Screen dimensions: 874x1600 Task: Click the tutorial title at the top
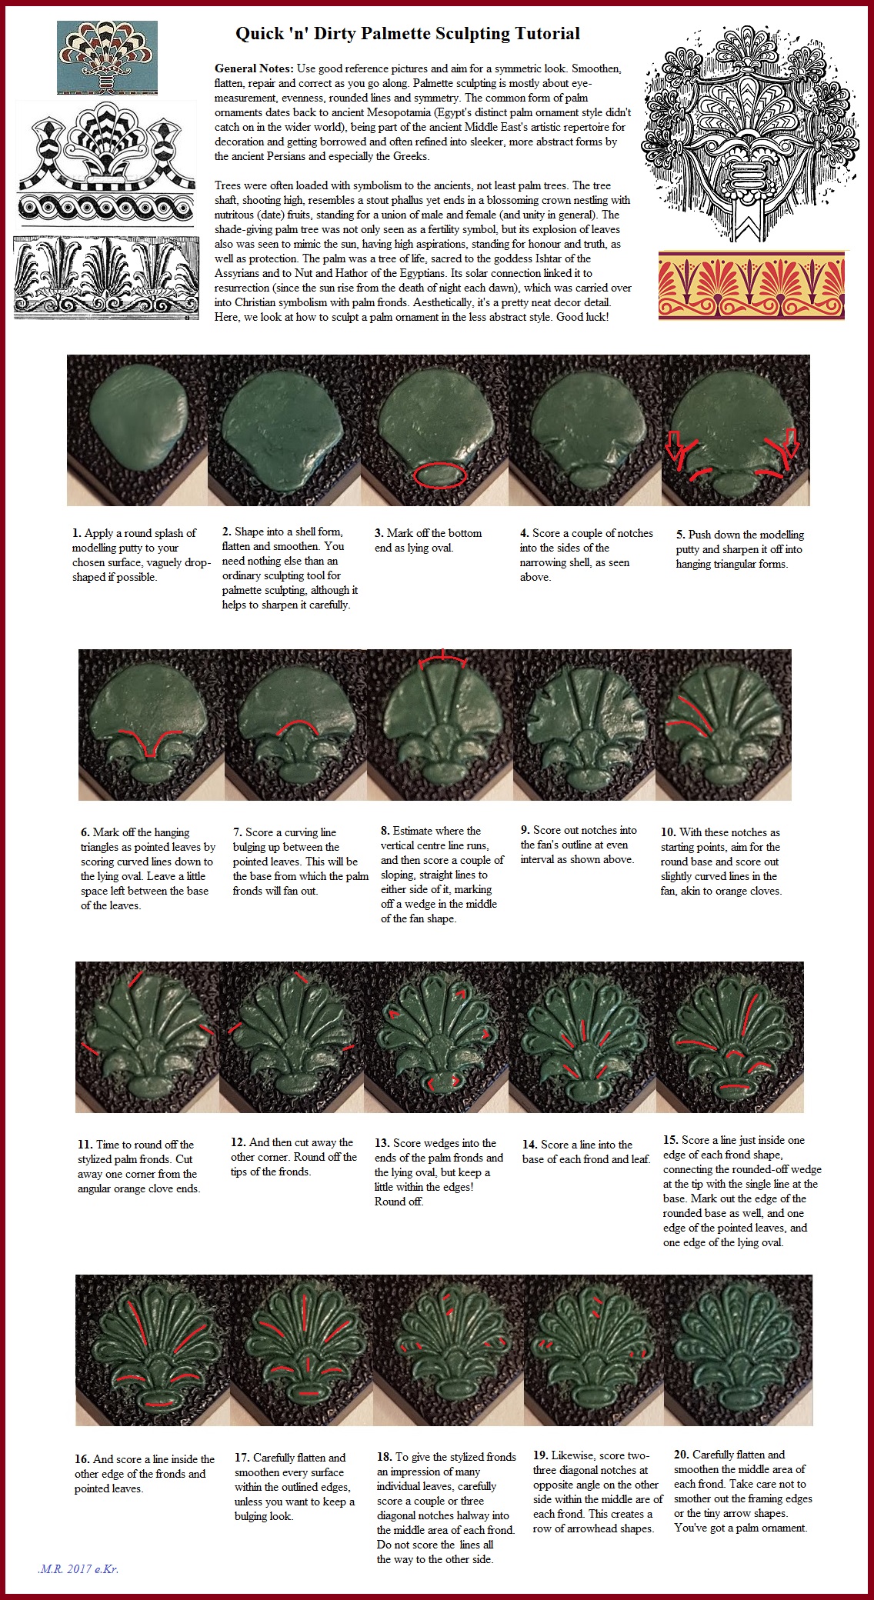pos(407,34)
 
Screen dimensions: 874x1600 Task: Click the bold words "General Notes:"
pos(253,68)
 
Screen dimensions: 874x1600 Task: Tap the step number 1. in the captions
pos(77,533)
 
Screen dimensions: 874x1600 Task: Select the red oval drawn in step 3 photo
pos(439,475)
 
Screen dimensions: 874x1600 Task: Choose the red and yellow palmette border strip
pos(752,285)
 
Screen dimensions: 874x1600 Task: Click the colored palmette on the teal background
pos(107,57)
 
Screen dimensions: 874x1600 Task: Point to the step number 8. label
pos(385,831)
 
